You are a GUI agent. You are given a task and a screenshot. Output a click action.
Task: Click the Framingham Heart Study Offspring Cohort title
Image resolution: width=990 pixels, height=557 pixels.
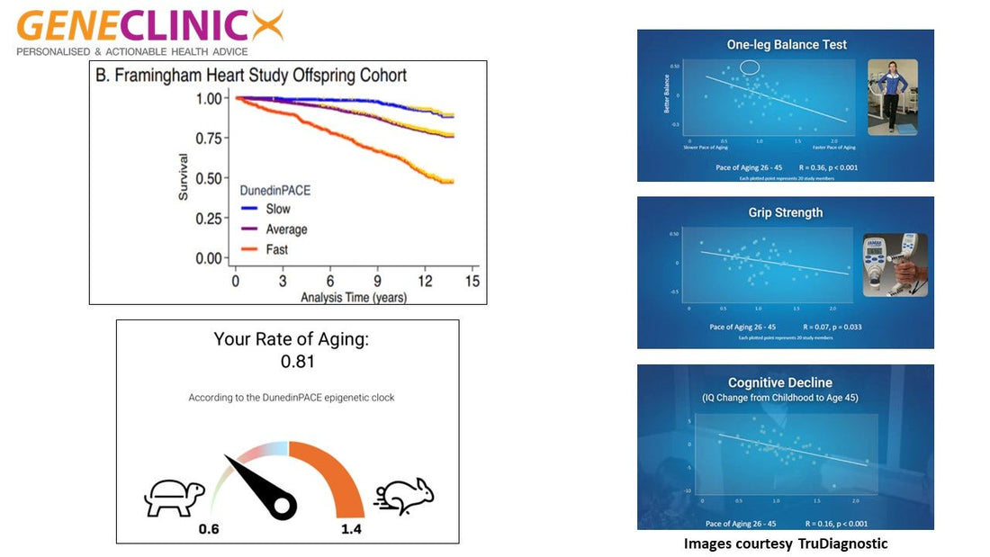tap(251, 76)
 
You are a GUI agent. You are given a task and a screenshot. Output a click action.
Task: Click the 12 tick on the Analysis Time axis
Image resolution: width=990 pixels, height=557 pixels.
tap(426, 282)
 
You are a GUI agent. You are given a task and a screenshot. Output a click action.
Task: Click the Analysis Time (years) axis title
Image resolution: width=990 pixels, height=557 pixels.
tap(354, 296)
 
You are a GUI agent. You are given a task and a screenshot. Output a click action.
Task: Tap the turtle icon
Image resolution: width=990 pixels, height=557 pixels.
tap(175, 497)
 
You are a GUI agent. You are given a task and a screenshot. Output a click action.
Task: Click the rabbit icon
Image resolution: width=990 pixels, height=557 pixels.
tap(404, 497)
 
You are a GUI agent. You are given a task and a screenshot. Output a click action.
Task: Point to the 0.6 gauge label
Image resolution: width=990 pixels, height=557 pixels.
tap(209, 529)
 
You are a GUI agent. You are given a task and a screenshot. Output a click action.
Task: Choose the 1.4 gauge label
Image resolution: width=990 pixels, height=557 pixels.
tap(351, 529)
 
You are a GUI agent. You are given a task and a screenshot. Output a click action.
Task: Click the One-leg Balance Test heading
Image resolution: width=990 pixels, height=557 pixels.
tap(787, 44)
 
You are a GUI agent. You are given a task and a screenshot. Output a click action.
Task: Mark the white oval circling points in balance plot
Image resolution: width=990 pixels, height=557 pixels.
tap(749, 67)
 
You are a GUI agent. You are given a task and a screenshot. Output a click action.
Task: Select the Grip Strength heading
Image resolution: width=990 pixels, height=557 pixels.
tap(786, 212)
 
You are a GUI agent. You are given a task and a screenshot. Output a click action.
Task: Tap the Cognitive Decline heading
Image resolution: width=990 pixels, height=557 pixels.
tap(786, 382)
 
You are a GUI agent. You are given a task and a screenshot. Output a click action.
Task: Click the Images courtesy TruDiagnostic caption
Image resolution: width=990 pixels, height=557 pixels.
tap(786, 544)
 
